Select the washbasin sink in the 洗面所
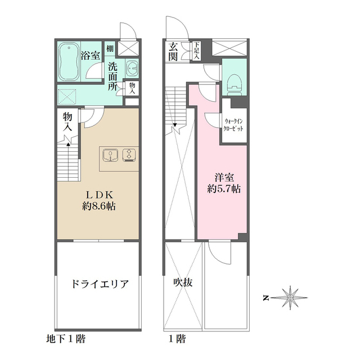(132, 67)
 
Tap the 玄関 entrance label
(172, 52)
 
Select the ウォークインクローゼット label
(234, 124)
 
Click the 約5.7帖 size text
(224, 189)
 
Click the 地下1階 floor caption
(66, 340)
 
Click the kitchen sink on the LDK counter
(110, 154)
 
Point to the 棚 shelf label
(110, 49)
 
